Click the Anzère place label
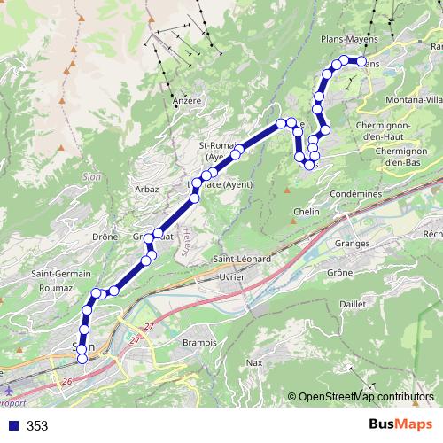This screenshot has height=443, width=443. [x=187, y=101]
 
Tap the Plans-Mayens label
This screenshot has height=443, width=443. [x=349, y=40]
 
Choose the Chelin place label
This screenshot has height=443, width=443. [x=306, y=212]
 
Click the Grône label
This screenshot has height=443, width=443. [x=340, y=274]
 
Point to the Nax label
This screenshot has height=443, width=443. [x=255, y=362]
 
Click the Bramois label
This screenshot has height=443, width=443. [x=199, y=342]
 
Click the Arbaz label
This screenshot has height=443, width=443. [x=146, y=190]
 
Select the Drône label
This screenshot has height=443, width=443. [x=105, y=237]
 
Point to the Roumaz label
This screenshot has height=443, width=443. [x=56, y=288]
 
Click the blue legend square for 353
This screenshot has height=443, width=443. [x=12, y=426]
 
